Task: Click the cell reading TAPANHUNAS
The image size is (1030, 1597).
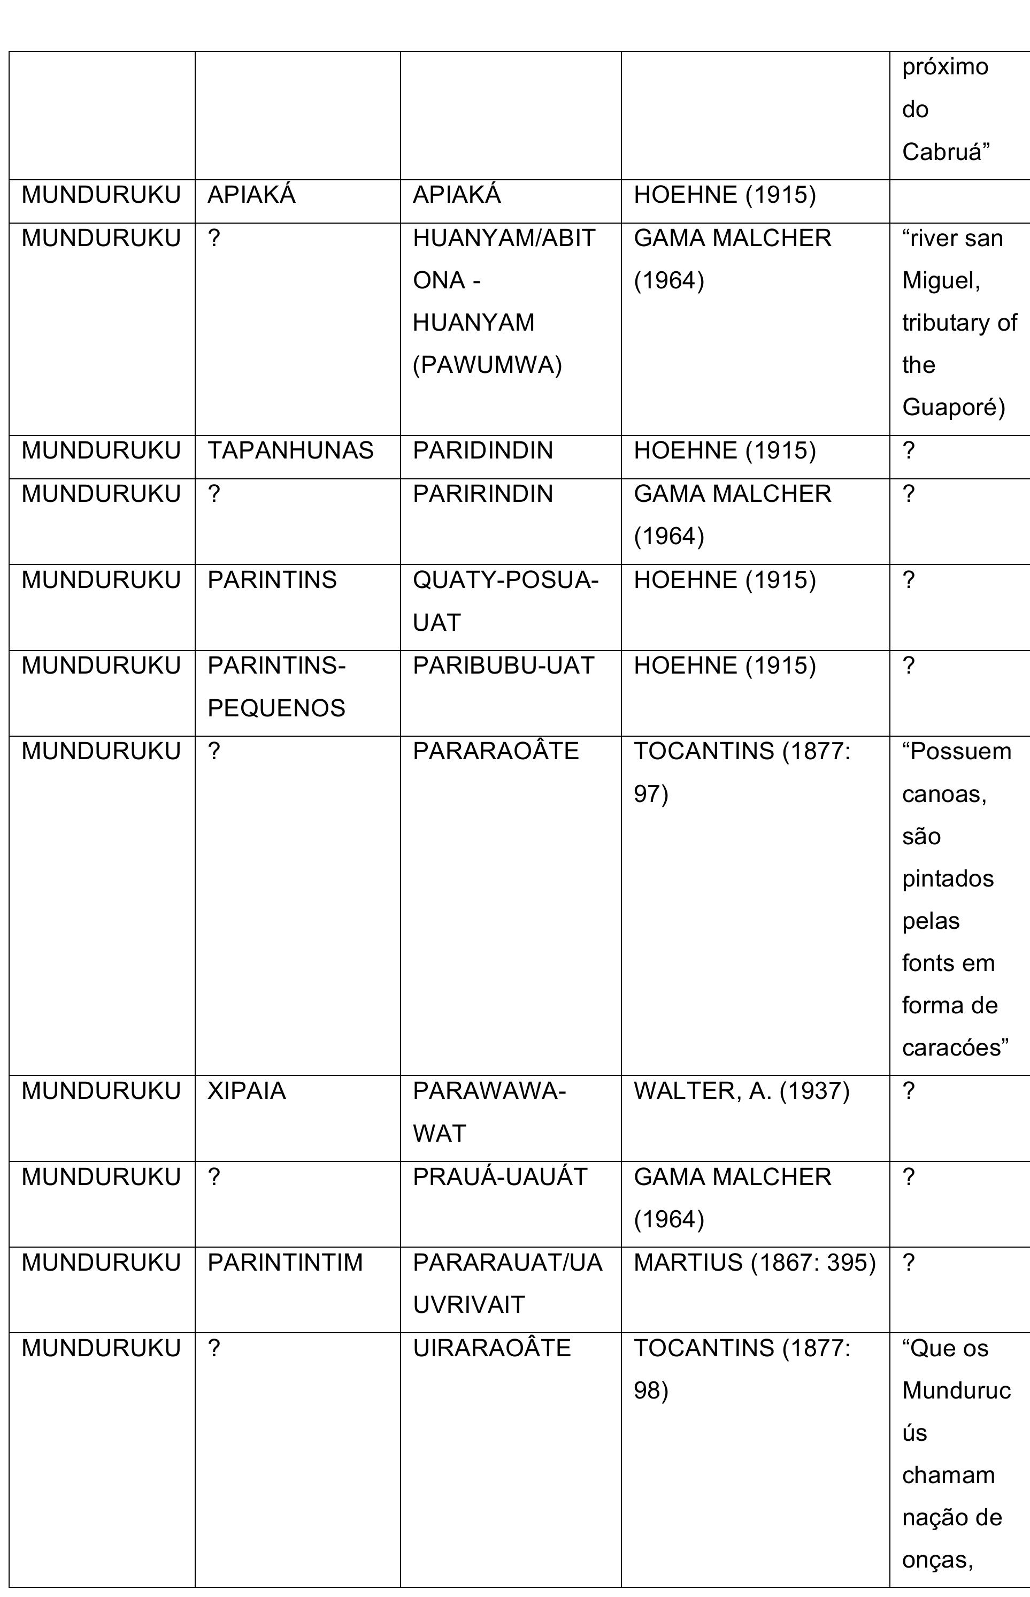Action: tap(290, 450)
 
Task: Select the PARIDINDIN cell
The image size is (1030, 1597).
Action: tap(482, 450)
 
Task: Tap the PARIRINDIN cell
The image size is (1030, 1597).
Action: tap(482, 494)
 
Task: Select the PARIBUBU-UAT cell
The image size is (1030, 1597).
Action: tap(503, 665)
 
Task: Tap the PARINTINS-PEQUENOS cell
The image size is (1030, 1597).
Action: tap(276, 686)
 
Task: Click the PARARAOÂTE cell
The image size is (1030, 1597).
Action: tap(496, 751)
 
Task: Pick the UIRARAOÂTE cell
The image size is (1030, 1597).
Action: tap(491, 1348)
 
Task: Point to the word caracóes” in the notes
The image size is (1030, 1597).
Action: tap(955, 1047)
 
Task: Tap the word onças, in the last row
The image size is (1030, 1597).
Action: tap(937, 1559)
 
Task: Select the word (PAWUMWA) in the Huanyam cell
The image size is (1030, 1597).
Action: tap(487, 365)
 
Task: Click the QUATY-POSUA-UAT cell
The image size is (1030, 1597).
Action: tap(505, 601)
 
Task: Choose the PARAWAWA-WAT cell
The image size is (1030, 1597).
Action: tap(489, 1112)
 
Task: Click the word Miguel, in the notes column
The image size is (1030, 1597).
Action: tap(941, 280)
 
